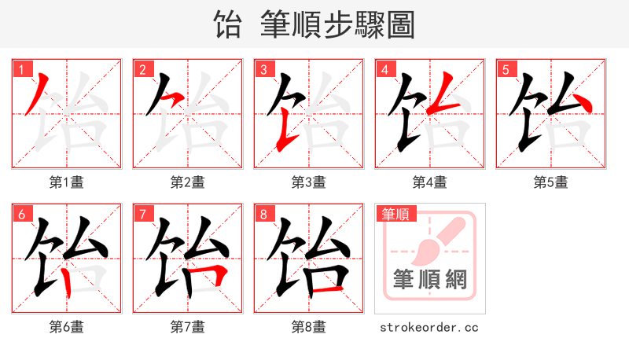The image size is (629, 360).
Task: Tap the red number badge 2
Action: coord(142,69)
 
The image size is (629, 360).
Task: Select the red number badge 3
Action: coord(263,69)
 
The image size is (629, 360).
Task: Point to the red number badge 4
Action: coord(384,69)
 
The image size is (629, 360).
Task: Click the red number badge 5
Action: coord(506,69)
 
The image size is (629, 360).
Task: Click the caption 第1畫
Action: coord(67,182)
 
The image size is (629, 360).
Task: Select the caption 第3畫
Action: coord(309,182)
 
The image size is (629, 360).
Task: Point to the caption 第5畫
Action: coord(551,182)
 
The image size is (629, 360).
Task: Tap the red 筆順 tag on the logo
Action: coord(396,214)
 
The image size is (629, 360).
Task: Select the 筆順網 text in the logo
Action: coord(429,280)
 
